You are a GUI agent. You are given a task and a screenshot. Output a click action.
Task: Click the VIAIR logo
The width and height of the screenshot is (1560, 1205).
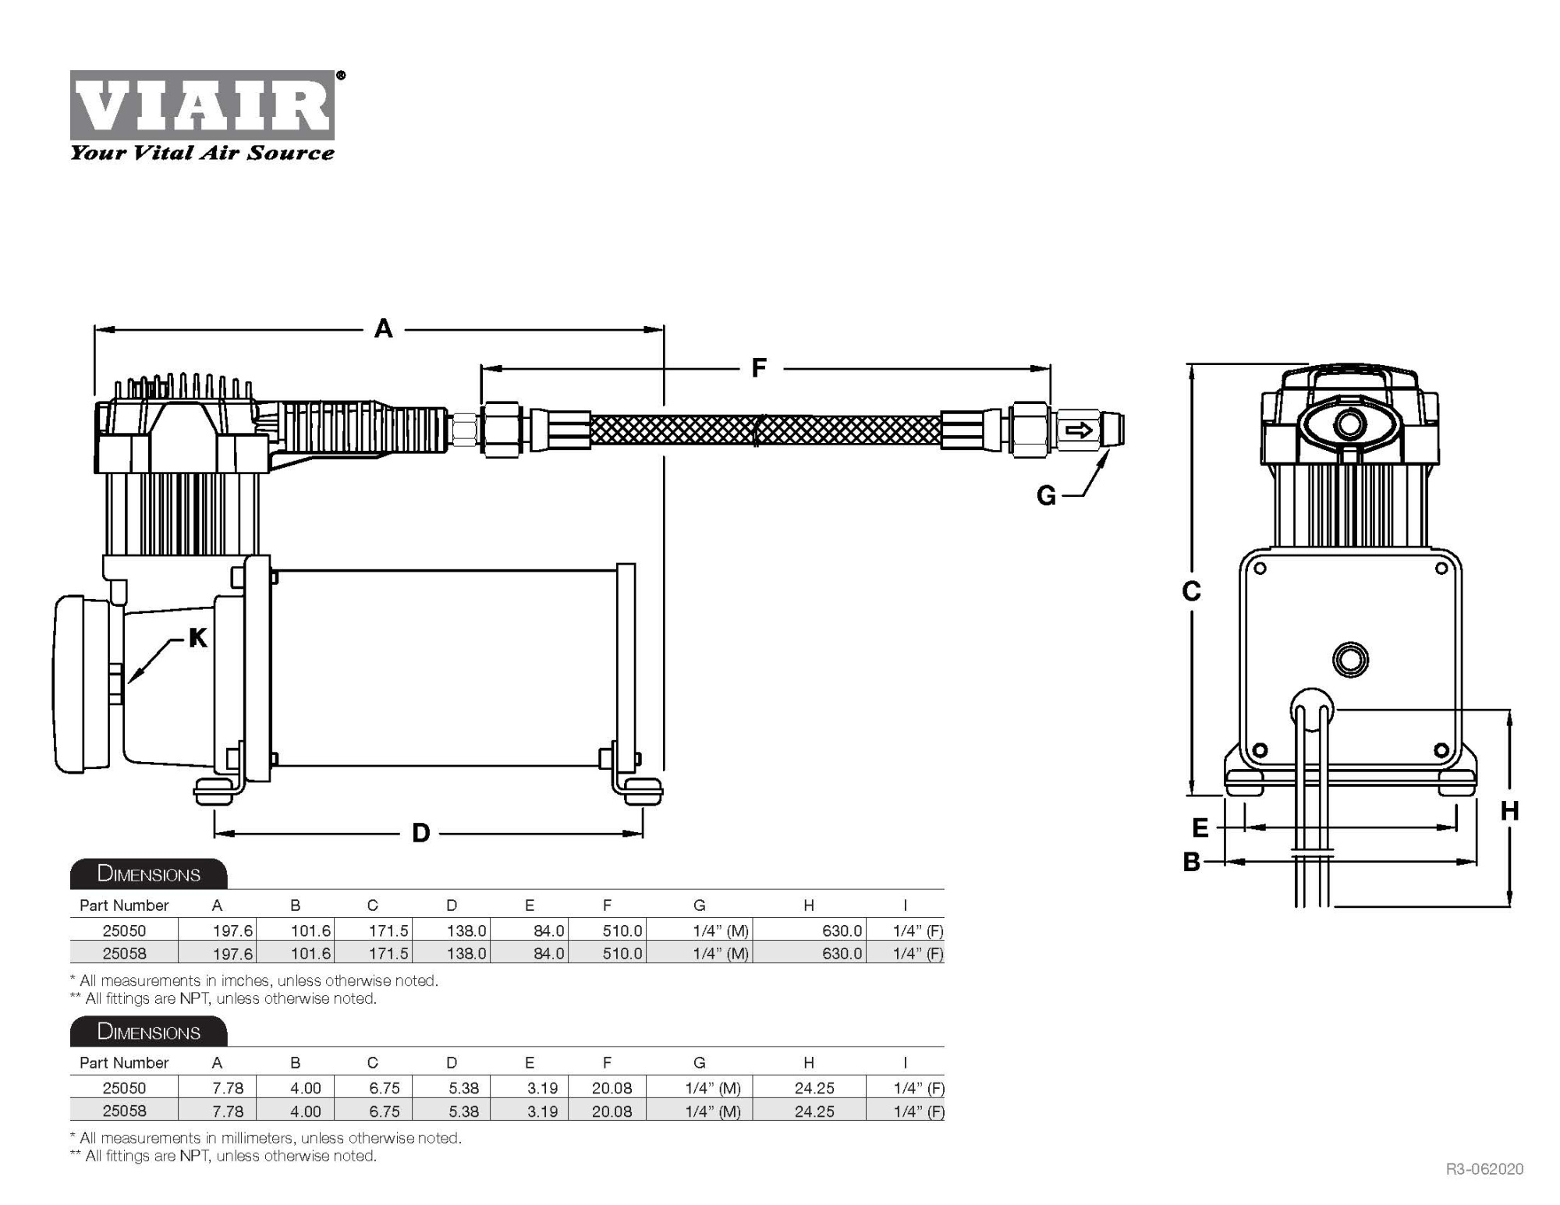203,105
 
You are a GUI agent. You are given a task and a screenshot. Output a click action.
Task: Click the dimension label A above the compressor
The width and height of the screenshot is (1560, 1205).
383,328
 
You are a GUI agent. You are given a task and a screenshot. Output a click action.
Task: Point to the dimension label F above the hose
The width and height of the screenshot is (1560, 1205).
758,367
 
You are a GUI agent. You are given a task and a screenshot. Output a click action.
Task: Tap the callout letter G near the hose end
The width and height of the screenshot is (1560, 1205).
1046,495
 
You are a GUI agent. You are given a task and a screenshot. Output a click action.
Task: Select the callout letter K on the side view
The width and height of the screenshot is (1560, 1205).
198,638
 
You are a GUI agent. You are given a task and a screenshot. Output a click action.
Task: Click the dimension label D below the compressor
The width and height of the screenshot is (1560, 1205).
420,833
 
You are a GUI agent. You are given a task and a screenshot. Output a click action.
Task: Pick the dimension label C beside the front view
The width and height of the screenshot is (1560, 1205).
1191,592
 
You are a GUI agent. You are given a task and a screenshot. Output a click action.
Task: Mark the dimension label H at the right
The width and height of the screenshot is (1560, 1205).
1509,811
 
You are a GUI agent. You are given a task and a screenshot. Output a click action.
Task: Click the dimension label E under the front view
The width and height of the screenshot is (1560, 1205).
1200,828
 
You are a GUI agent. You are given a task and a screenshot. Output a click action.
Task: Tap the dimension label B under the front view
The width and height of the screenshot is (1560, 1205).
1191,862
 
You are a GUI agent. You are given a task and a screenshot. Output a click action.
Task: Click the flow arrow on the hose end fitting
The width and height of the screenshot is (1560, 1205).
1080,431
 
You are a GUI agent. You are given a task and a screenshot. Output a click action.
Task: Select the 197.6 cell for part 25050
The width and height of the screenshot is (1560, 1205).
232,930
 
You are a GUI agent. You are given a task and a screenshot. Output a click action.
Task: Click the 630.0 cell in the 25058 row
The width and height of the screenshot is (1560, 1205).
842,953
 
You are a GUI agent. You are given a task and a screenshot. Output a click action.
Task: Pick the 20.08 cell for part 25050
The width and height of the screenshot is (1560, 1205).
612,1088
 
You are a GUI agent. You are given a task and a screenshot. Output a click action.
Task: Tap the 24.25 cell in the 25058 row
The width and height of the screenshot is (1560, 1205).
814,1111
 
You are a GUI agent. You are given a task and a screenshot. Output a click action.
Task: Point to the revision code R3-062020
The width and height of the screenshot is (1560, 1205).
1484,1168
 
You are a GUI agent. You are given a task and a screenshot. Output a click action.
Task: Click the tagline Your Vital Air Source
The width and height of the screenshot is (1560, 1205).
202,153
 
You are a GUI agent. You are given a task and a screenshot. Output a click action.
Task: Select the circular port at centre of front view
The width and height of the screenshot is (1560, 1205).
1350,659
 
